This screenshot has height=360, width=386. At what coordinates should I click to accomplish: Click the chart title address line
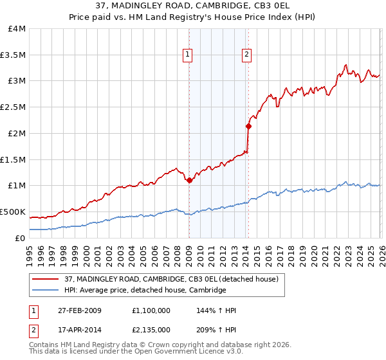pos(193,6)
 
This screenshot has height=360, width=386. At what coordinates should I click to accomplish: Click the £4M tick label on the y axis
pos(13,29)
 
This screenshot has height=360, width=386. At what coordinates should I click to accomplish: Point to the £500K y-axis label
pos(13,212)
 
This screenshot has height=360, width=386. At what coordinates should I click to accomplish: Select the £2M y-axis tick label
pos(13,133)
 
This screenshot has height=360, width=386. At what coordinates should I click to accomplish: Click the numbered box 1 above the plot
pos(188,55)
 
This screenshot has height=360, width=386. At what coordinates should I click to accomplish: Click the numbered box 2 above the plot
pos(246,55)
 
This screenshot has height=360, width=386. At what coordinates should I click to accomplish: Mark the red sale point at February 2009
pos(189,181)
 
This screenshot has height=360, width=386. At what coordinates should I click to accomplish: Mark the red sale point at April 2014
pos(248,127)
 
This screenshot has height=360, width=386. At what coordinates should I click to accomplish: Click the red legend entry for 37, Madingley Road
pos(171,279)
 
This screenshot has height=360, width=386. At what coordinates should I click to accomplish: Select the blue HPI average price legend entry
pos(145,291)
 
